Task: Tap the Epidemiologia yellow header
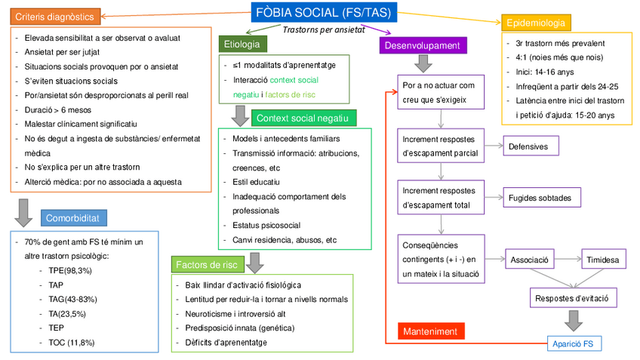click(x=536, y=23)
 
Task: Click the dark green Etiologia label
click(x=242, y=45)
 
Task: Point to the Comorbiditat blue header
click(x=74, y=219)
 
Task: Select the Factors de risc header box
click(x=208, y=264)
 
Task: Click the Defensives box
click(x=534, y=146)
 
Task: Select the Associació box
click(x=529, y=260)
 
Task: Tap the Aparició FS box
click(x=574, y=343)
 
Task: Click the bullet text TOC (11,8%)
click(x=71, y=342)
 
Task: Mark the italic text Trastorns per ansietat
click(x=324, y=31)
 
